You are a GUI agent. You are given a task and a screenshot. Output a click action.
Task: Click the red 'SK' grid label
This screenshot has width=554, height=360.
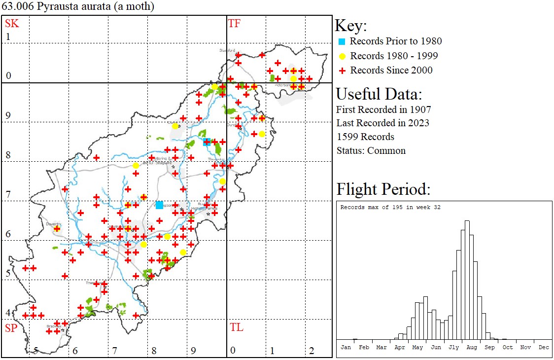click(12, 23)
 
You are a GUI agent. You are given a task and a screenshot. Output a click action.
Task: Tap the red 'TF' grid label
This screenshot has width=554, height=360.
click(234, 23)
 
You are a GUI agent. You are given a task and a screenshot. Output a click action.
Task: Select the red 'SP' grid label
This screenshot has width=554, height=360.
click(12, 327)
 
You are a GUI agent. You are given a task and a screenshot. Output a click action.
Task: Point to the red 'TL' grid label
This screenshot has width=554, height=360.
click(236, 327)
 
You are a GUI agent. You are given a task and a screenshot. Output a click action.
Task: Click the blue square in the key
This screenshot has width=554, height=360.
click(342, 41)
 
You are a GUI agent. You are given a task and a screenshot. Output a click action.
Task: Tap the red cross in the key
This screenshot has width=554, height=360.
click(342, 71)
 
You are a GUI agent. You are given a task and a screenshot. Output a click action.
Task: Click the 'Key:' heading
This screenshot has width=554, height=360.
click(351, 26)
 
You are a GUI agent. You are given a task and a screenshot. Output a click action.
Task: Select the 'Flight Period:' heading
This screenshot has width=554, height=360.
click(383, 189)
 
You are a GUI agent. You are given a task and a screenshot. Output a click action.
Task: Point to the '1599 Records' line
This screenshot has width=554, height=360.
click(365, 137)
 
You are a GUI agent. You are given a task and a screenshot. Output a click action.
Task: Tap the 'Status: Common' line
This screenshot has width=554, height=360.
click(371, 150)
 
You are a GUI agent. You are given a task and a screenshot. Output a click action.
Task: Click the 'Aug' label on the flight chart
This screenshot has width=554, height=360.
click(472, 347)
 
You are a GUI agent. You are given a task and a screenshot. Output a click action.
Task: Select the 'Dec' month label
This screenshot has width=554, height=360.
click(543, 347)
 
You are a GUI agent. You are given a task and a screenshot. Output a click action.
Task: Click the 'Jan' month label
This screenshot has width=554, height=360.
click(346, 347)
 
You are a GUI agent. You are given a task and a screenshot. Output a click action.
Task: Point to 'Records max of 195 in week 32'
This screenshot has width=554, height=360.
click(390, 207)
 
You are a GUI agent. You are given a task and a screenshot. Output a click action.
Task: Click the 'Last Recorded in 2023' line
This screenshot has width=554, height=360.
click(382, 123)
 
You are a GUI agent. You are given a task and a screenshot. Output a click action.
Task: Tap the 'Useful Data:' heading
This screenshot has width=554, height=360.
click(379, 94)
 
